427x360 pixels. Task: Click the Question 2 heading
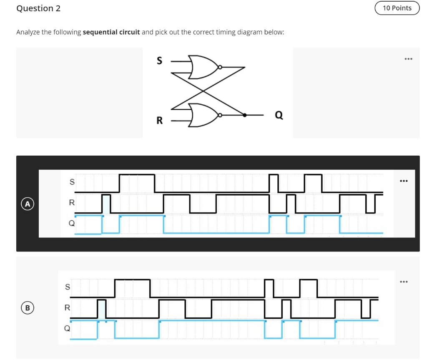(38, 8)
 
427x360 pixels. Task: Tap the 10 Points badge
(397, 8)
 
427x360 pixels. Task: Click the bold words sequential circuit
(111, 32)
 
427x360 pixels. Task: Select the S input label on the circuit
(158, 61)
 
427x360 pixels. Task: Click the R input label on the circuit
(159, 121)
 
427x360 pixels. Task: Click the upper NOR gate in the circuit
(203, 67)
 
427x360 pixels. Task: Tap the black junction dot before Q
(245, 115)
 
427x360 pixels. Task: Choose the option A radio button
(28, 204)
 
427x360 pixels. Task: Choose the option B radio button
(28, 308)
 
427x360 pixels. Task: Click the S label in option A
(72, 182)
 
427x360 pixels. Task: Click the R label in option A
(72, 203)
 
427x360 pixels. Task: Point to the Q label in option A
(71, 223)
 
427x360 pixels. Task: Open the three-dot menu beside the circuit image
(408, 59)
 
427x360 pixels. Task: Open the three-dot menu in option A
(403, 181)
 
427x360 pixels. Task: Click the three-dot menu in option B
(403, 282)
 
